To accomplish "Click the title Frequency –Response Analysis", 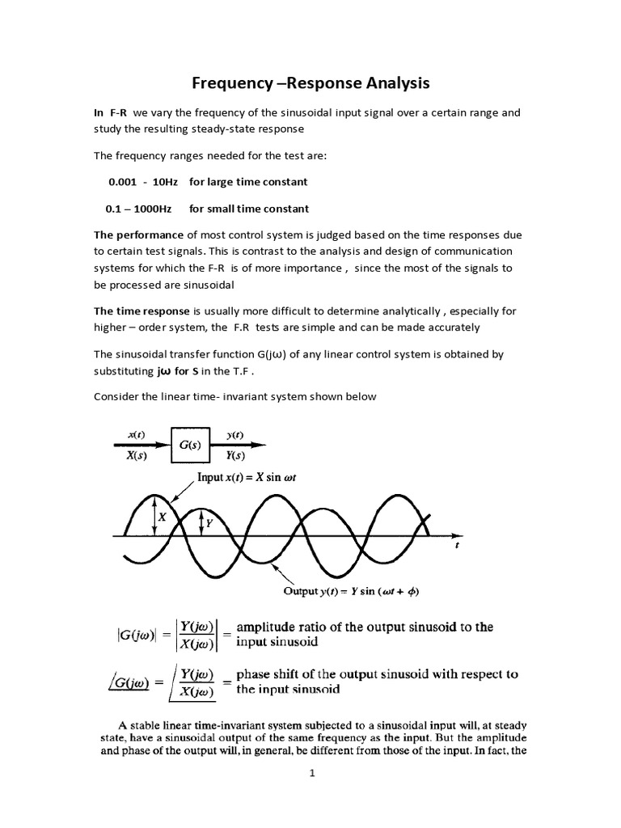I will (x=310, y=82).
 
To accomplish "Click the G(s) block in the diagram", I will (x=189, y=444).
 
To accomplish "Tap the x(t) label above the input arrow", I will (x=136, y=434).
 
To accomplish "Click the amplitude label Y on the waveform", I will (x=209, y=523).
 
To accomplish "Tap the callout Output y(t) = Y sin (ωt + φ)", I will (x=351, y=590).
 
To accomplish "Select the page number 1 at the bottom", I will (x=311, y=775).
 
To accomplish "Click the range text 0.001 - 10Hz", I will (x=140, y=181).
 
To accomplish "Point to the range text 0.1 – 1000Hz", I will (x=138, y=209).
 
